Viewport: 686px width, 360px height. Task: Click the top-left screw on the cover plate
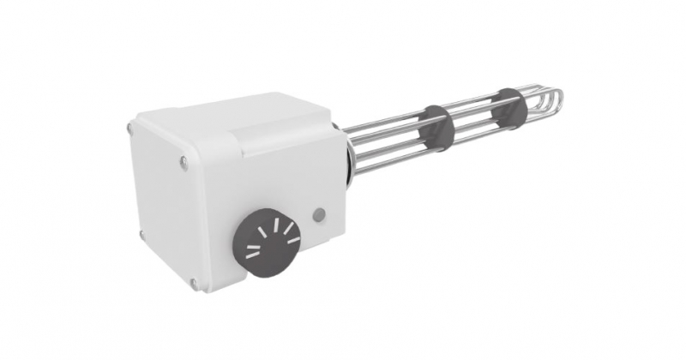coord(129,129)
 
